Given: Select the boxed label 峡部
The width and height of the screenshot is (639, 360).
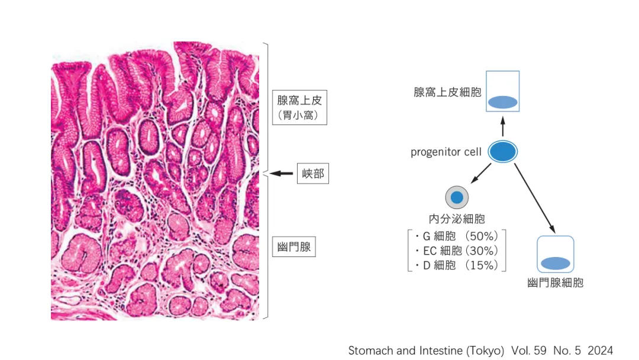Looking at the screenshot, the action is (312, 174).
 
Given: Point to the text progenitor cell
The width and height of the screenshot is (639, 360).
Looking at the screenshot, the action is (446, 152).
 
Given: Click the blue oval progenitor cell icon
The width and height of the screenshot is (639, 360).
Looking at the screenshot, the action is (503, 152).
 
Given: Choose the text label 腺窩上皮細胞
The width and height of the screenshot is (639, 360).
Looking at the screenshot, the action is (447, 92).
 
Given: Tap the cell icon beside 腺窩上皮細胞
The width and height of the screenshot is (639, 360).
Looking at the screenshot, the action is (503, 91).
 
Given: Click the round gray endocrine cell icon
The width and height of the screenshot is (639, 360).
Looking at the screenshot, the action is (457, 197).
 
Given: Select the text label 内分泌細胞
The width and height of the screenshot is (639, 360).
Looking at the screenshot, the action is (457, 220).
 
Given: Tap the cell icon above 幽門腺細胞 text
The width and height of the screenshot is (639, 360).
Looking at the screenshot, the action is (556, 255).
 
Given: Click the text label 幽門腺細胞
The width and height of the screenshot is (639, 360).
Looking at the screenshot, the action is (556, 283).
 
